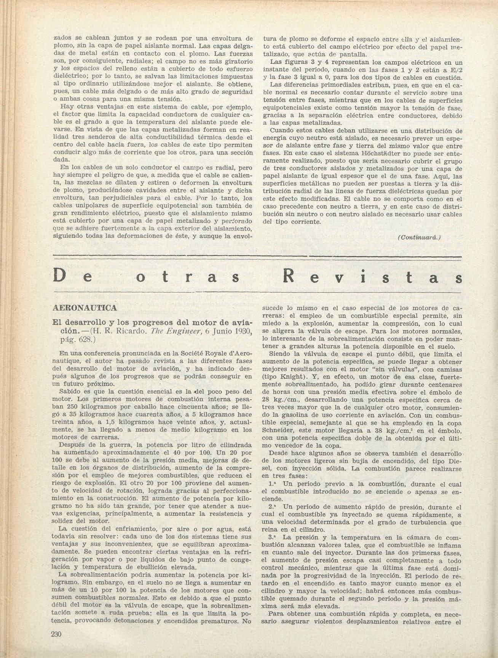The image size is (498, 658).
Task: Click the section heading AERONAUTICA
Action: (x=84, y=308)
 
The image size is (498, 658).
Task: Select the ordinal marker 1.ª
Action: (x=272, y=484)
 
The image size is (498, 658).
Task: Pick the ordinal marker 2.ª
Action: (x=272, y=507)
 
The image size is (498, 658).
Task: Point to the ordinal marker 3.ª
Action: (x=272, y=538)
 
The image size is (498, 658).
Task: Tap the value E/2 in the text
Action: (x=455, y=69)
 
